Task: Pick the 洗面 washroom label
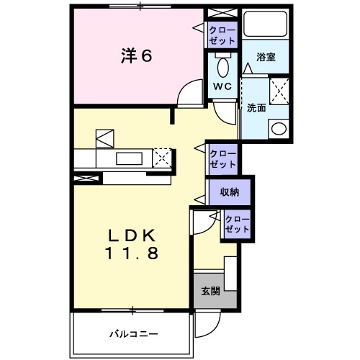tap(256, 109)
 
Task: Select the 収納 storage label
tap(229, 192)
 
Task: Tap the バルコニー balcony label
tap(134, 333)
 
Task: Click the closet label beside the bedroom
tap(217, 35)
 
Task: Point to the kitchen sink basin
tap(129, 158)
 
